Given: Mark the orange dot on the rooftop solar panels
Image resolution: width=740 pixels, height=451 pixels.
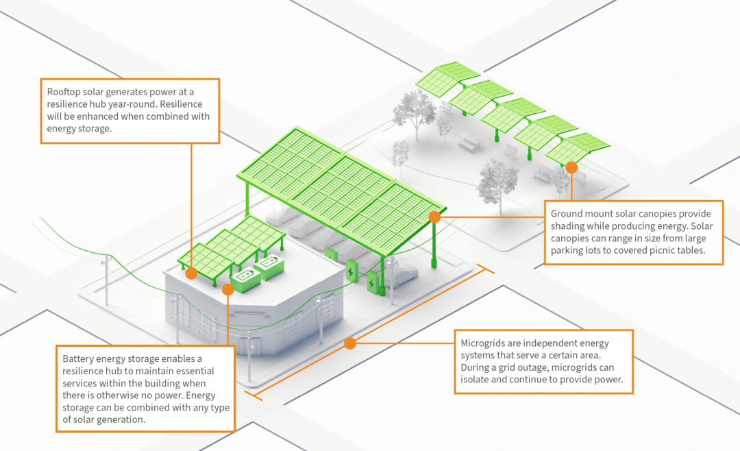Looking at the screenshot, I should pos(192,273).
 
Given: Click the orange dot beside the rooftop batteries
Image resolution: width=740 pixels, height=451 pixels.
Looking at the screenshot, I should pos(227,290).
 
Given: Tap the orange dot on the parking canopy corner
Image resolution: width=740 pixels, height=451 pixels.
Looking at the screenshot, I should pos(434,217).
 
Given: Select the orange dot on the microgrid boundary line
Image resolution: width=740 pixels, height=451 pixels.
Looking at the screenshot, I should pos(350,343).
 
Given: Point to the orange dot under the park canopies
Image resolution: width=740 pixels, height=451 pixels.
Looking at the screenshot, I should pos(571,167).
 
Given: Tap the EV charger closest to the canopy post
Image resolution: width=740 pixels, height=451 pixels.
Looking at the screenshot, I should pos(373,282).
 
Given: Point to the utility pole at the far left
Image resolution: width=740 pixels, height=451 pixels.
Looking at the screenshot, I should pos(106,278).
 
